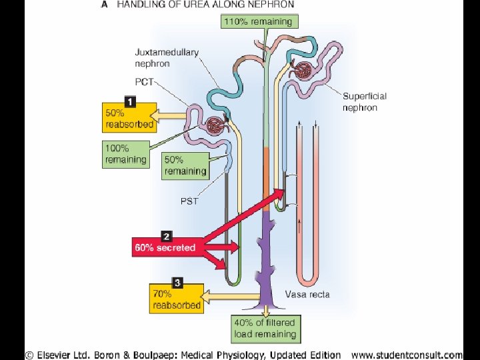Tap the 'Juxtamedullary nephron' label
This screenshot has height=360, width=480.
[167, 58]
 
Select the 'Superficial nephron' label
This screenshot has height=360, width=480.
[364, 102]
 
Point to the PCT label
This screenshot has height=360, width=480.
[144, 82]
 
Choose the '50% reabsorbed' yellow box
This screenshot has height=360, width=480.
[129, 118]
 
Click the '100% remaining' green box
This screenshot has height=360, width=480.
[125, 154]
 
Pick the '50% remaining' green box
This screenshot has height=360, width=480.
[185, 165]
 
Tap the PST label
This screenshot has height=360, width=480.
[189, 201]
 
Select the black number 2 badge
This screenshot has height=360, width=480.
[166, 235]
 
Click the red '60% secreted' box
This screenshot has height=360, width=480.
[165, 247]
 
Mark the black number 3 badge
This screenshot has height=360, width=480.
[177, 282]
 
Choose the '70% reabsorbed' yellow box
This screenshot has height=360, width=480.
[177, 299]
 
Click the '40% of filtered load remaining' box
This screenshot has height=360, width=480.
[265, 329]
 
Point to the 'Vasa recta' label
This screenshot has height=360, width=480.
[307, 294]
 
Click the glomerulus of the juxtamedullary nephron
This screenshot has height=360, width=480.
[215, 125]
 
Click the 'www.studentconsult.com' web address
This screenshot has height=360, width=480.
[406, 355]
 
